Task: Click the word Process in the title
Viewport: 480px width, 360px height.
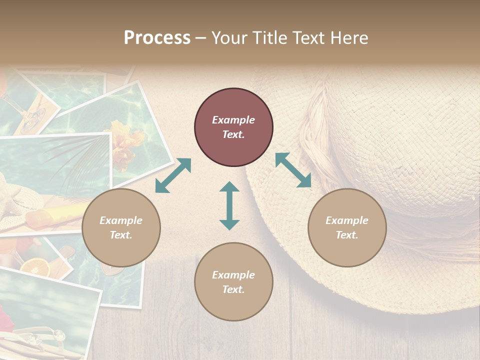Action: click(157, 38)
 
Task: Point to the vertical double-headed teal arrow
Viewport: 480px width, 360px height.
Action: click(229, 205)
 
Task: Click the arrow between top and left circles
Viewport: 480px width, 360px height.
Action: click(173, 175)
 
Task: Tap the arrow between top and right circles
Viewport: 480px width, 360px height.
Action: click(293, 170)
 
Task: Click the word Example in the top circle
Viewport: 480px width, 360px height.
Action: click(233, 120)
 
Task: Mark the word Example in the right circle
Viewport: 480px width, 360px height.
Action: click(347, 220)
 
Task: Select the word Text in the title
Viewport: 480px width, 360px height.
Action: click(308, 38)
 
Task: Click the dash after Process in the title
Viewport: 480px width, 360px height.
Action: click(200, 38)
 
